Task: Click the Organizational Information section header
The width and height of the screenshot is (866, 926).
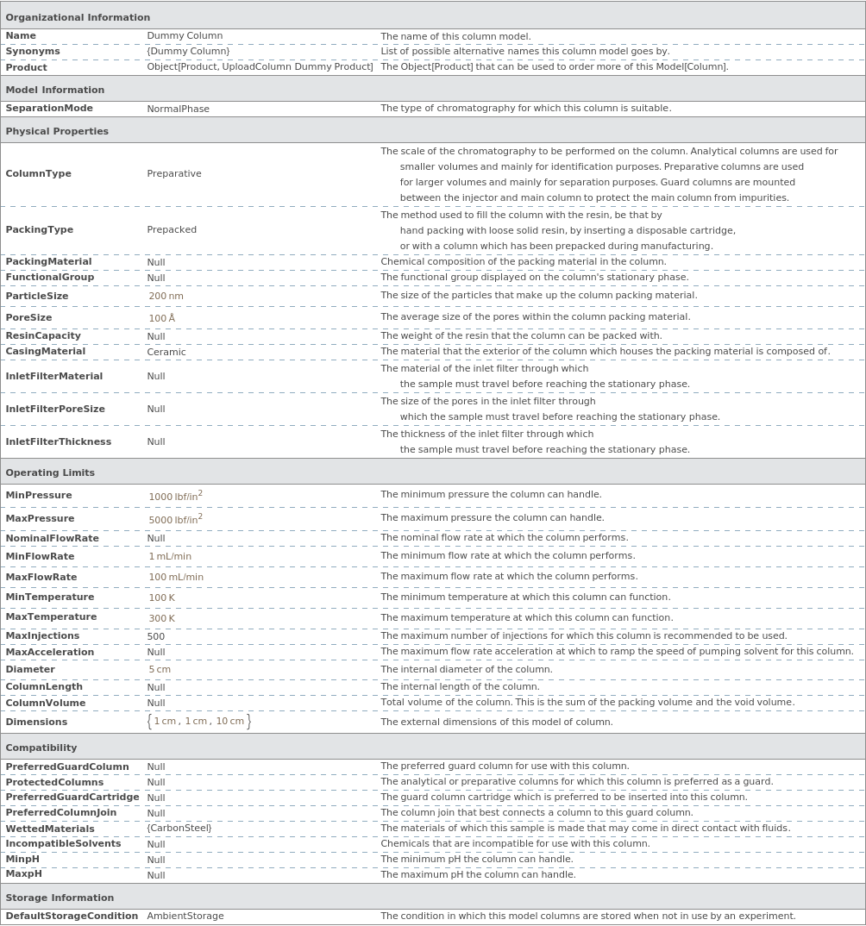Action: coord(78,17)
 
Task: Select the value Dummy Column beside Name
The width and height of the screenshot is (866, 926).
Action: coord(185,36)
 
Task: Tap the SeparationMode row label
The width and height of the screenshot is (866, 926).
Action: coord(49,109)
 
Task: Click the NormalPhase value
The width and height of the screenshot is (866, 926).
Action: coord(178,109)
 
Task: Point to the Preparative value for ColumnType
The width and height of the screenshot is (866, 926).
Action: coord(174,173)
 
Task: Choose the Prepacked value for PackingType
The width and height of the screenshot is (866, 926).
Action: coord(172,230)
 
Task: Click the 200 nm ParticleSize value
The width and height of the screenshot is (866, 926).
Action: coord(166,297)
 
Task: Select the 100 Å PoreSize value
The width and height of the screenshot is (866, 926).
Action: coord(161,318)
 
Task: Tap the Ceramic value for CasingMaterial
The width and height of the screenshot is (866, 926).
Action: coord(166,352)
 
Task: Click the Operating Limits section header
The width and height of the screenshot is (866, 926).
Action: coord(50,472)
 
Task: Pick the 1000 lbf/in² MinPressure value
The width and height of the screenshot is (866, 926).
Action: coord(175,496)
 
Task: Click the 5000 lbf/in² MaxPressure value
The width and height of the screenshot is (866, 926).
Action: coord(175,519)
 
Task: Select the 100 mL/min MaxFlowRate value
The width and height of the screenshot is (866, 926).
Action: coord(176,578)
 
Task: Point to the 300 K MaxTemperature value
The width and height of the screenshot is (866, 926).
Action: coord(161,618)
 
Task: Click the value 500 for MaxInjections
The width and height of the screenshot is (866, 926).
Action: coord(156,636)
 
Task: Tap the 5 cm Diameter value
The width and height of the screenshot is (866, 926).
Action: coord(160,670)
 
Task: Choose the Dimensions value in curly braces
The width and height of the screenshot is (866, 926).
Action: coord(199,722)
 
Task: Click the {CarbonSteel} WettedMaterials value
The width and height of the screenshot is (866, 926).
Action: coord(179,829)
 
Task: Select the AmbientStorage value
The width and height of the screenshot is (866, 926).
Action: coord(185,917)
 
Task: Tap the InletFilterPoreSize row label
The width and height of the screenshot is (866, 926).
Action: coord(55,410)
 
